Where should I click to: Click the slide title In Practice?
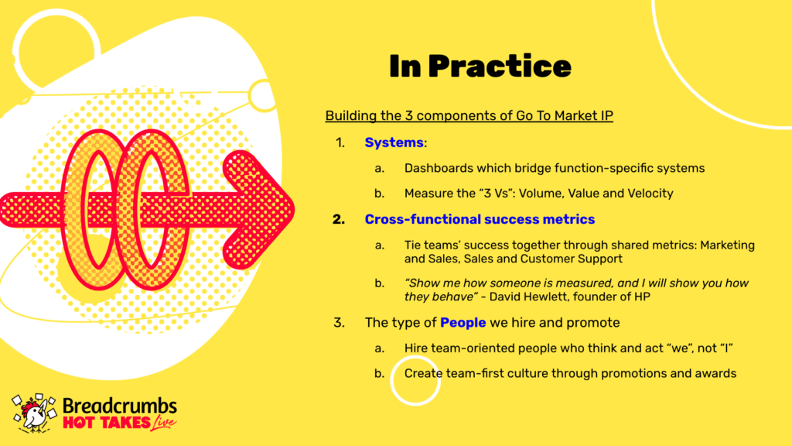[x=480, y=67]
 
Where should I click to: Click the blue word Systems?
[x=394, y=142]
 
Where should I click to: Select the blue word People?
[x=463, y=323]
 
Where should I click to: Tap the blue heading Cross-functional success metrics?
[x=480, y=219]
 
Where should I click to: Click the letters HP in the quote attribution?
[x=642, y=297]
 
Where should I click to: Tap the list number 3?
[x=339, y=323]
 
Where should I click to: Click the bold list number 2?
[x=339, y=219]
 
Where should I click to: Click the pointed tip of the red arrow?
[x=295, y=209]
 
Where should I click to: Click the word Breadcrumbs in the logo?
[x=120, y=406]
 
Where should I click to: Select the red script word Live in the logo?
[x=164, y=422]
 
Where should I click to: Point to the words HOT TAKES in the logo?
[x=107, y=423]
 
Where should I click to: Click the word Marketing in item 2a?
[x=727, y=245]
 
